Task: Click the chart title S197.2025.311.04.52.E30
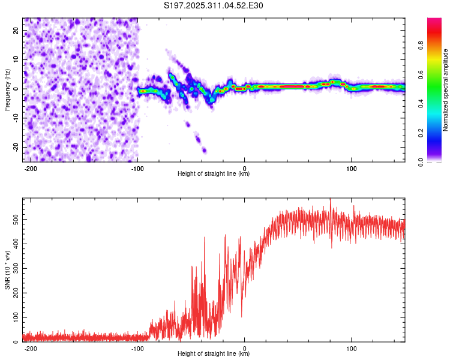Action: [x=214, y=5]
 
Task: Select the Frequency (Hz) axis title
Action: [x=7, y=89]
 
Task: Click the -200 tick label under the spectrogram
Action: [x=31, y=167]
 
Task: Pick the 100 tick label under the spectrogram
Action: [x=351, y=167]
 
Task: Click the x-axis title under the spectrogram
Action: [x=214, y=174]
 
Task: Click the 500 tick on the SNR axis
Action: [x=15, y=220]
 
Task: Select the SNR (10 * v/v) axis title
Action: [x=7, y=269]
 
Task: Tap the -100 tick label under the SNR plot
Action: [x=137, y=348]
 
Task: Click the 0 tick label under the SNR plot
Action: [x=245, y=348]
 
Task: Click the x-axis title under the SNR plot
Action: [x=214, y=354]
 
